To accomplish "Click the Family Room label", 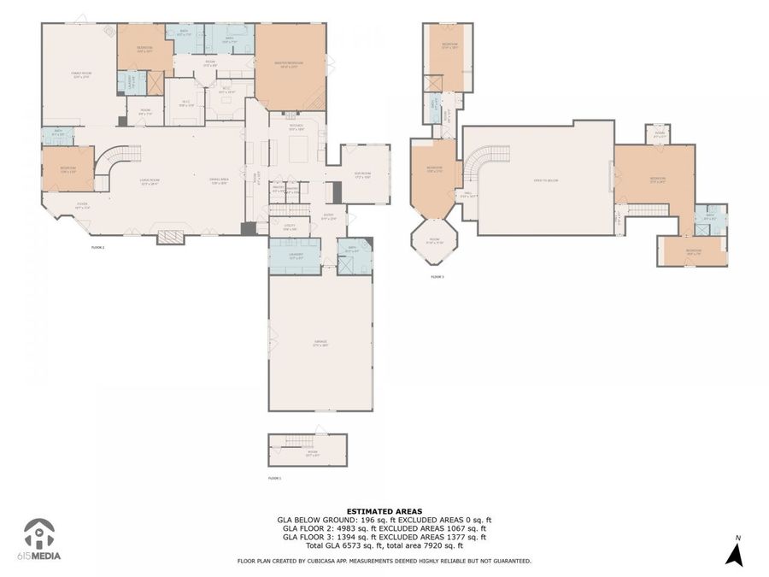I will pos(80,74).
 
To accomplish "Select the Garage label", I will pos(320,343).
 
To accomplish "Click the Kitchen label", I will pos(296,128).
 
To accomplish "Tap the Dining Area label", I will pos(219,180).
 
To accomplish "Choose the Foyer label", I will pos(82,205).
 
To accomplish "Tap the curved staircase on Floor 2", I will pos(114,164).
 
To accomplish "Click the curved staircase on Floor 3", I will pos(488,162).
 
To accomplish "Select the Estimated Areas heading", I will pos(384,509).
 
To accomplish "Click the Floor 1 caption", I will pos(274,479).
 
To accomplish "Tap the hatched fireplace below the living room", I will pos(171,236).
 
